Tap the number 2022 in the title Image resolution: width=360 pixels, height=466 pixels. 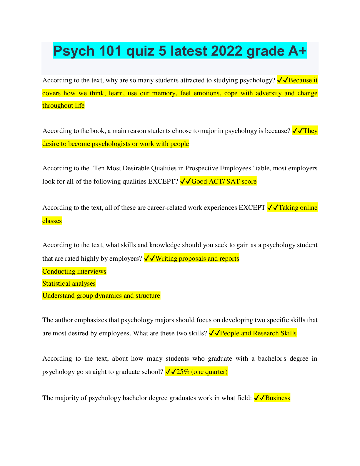click(227, 51)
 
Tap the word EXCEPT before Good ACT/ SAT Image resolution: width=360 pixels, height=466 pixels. click(163, 182)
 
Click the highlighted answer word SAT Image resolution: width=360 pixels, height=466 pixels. click(233, 182)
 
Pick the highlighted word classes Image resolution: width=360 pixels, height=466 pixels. click(52, 221)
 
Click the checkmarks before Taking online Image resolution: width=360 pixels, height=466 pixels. click(273, 208)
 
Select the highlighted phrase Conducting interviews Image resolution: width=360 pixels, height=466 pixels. click(74, 272)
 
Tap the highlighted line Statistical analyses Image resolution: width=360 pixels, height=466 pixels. click(69, 284)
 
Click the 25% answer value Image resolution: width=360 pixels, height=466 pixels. click(183, 372)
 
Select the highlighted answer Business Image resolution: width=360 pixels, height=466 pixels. click(277, 398)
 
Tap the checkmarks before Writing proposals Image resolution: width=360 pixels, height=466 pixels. click(149, 259)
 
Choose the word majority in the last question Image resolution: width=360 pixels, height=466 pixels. click(67, 398)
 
